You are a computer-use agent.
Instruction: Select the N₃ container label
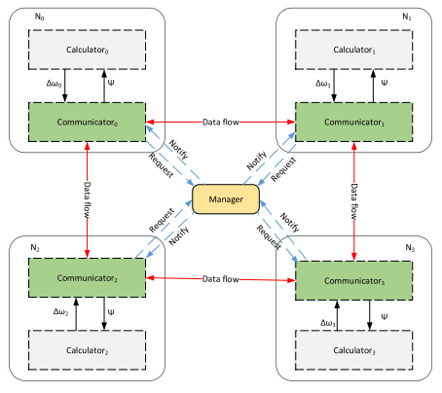(x=410, y=248)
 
